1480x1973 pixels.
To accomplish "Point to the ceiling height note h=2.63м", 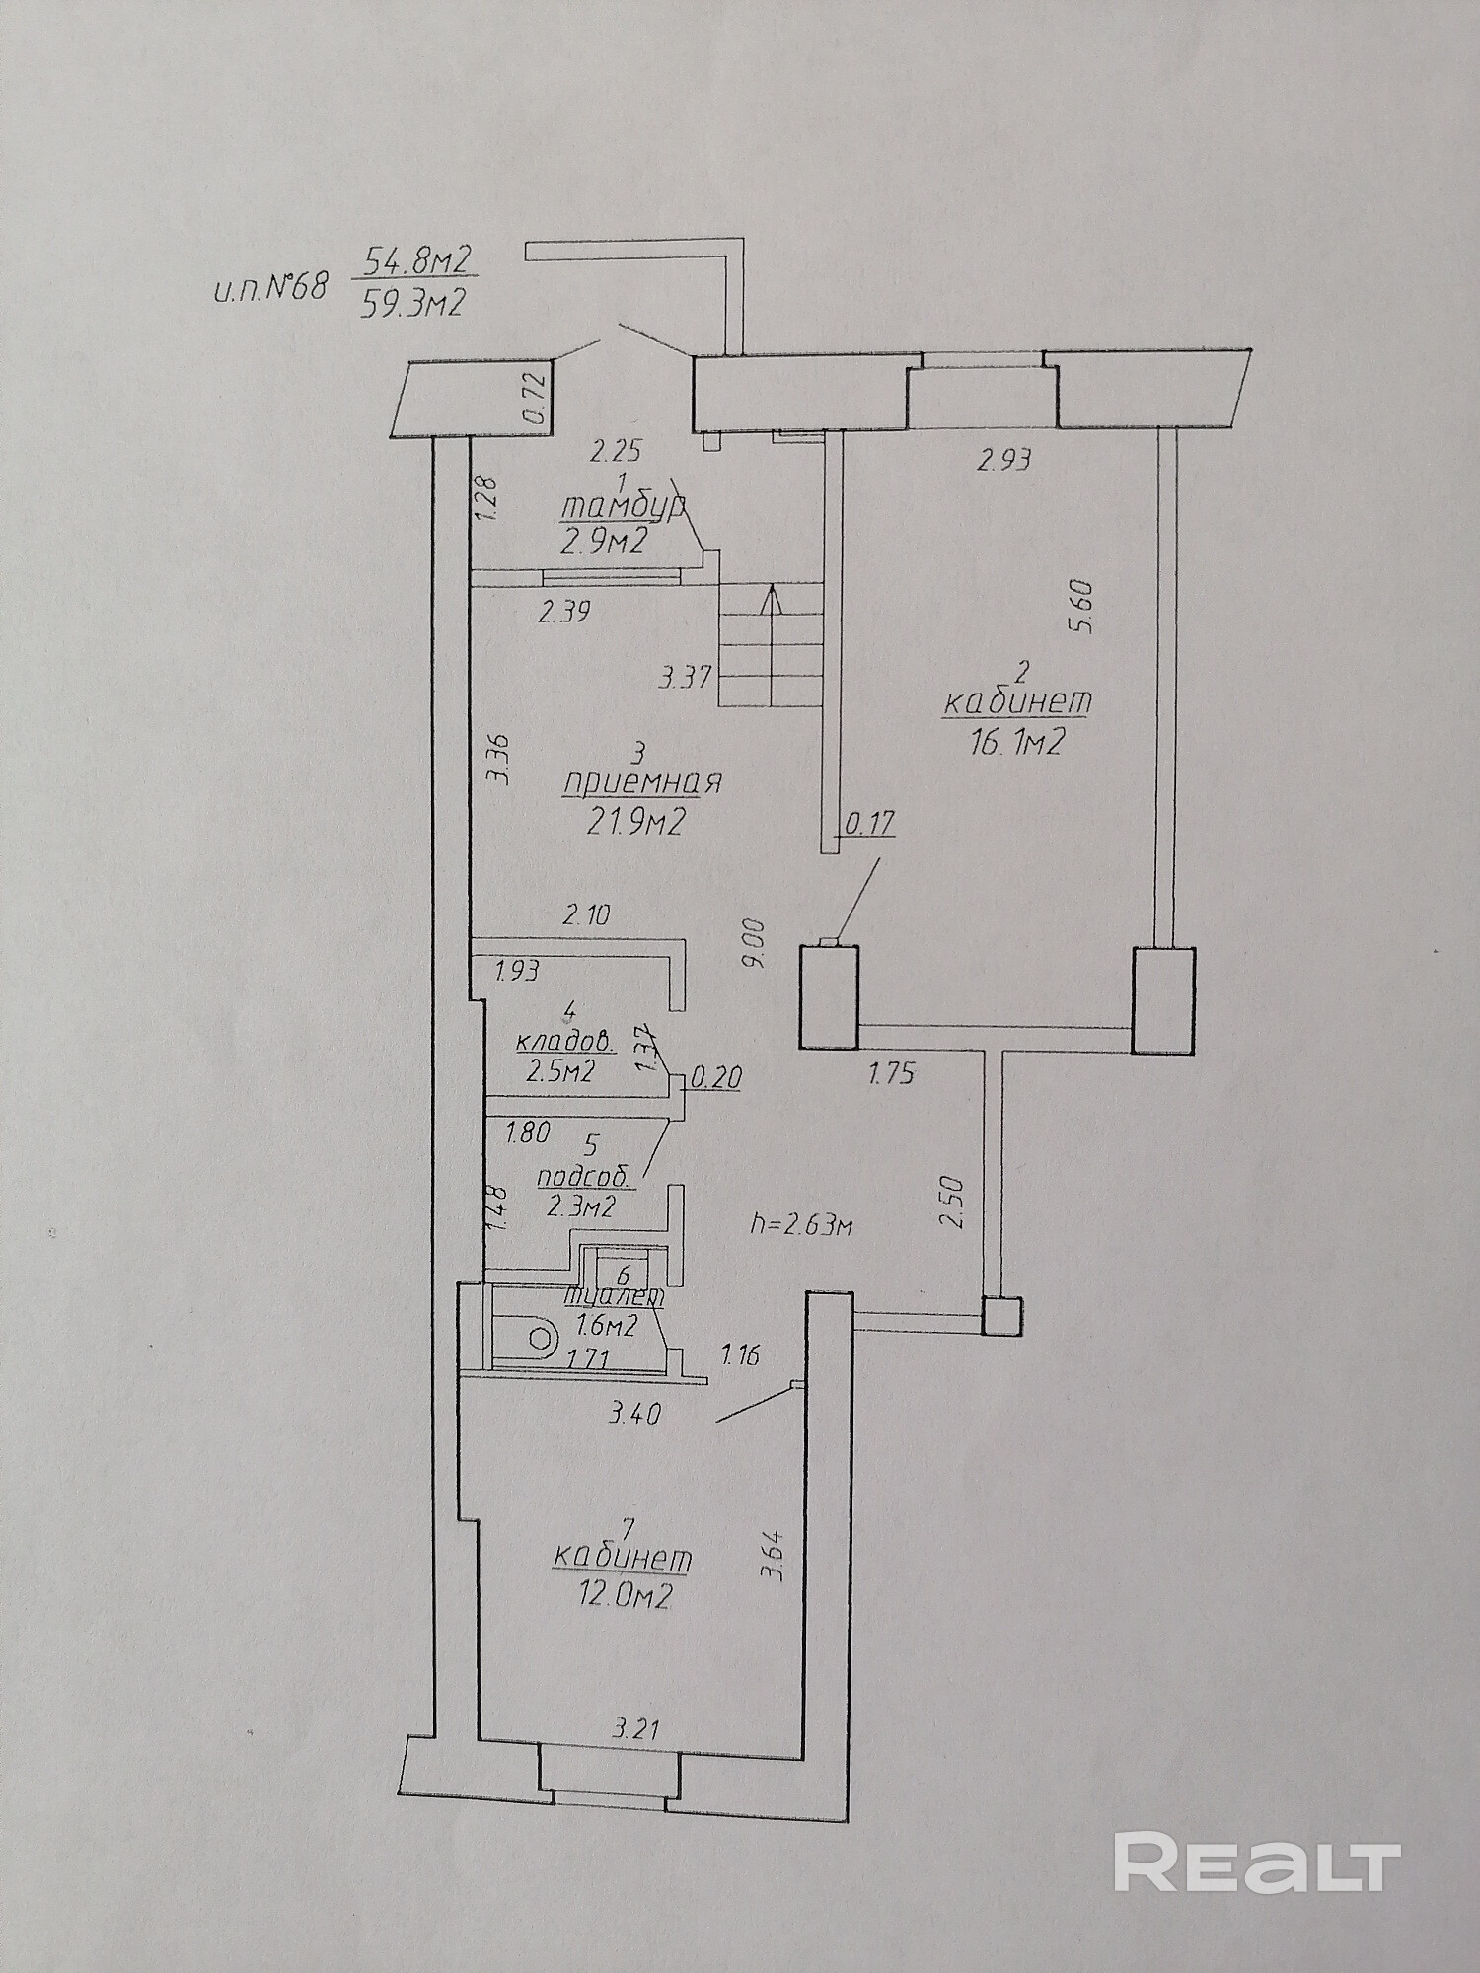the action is pyautogui.click(x=801, y=1225).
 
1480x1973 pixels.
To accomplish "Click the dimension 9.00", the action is pyautogui.click(x=756, y=945).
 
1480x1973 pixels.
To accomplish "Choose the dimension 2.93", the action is pyautogui.click(x=1004, y=459).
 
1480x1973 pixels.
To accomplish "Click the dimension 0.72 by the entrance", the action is pyautogui.click(x=536, y=399).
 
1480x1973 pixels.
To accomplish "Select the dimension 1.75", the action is pyautogui.click(x=892, y=1073).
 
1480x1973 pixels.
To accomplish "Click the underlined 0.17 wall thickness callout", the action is pyautogui.click(x=867, y=822).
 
